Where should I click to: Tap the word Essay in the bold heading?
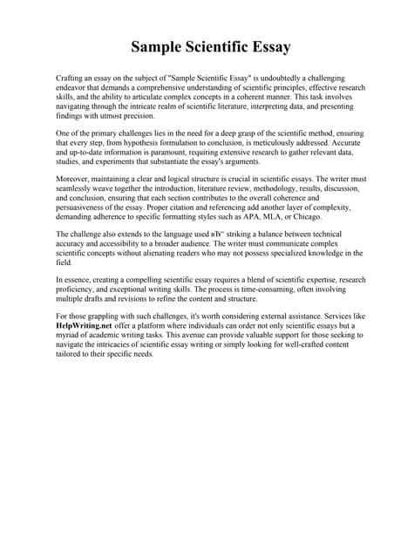[x=267, y=46]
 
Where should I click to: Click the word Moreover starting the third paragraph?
[x=72, y=177]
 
